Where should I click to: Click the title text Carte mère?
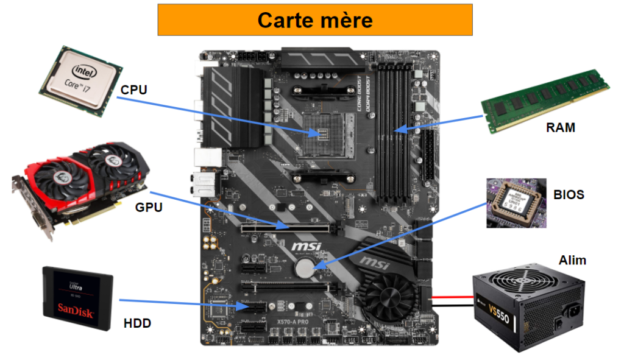(314, 19)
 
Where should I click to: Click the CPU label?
(133, 90)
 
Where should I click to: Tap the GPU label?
(149, 207)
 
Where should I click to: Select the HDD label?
(136, 323)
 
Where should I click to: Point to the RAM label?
(560, 128)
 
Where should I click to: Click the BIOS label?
(569, 195)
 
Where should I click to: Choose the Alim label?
(572, 260)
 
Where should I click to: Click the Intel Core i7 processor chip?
(80, 78)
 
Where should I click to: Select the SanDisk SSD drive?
(78, 298)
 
